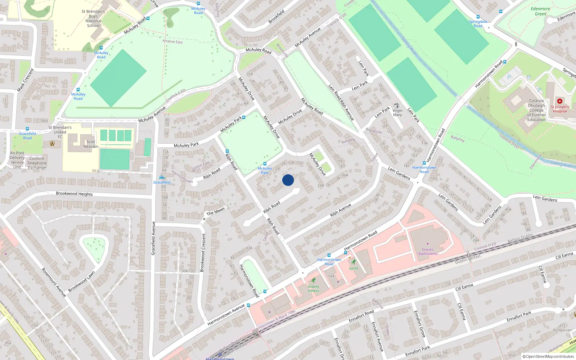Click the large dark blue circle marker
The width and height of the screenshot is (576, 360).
pos(288,180)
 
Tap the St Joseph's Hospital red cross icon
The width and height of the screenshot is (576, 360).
pos(559,101)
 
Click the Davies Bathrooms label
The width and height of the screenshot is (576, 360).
pos(428,252)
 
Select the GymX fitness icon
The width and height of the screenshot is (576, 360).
pos(354,262)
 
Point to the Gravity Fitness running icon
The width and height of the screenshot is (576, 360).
pos(314,280)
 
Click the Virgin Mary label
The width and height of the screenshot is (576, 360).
pos(397,113)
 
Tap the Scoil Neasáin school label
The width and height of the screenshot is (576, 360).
pos(91,144)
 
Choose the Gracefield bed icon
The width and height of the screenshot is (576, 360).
pos(162,177)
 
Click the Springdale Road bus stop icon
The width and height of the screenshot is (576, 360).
pos(478,17)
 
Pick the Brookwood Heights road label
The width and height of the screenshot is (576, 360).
pos(74,194)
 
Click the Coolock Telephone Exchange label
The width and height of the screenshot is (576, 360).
pos(37,163)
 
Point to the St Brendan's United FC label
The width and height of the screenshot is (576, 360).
pos(60,132)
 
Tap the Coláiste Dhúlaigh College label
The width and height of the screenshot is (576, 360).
pos(536,110)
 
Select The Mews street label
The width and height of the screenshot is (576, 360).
pos(215,211)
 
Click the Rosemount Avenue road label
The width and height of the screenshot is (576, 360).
pos(54,282)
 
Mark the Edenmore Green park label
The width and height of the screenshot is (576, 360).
pos(540,11)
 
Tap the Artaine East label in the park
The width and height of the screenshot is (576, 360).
pos(172,41)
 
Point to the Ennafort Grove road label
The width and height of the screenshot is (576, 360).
pos(419,324)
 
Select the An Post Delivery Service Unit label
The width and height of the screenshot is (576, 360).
pos(17,160)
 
